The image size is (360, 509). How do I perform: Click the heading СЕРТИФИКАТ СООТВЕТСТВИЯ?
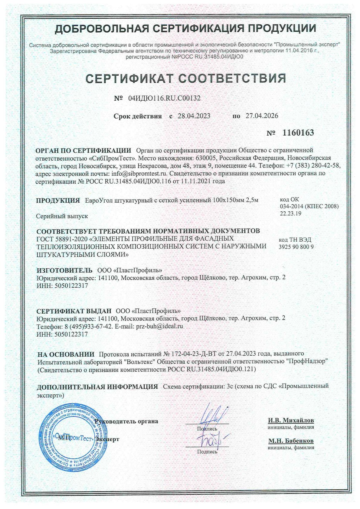(186, 78)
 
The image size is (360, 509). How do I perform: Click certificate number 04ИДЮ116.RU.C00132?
(164, 98)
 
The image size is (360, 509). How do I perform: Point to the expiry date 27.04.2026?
(262, 116)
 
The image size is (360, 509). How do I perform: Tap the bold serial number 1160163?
(298, 132)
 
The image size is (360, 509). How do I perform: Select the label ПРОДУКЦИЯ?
(58, 200)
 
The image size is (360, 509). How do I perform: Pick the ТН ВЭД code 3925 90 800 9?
(296, 247)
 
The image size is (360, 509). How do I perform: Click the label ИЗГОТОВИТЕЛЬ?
(64, 270)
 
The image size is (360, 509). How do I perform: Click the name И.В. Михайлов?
(291, 420)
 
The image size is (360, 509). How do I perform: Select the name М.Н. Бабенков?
(291, 441)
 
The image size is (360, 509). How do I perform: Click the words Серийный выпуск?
(62, 216)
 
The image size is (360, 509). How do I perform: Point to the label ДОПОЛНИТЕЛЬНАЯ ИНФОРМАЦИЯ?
(97, 387)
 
